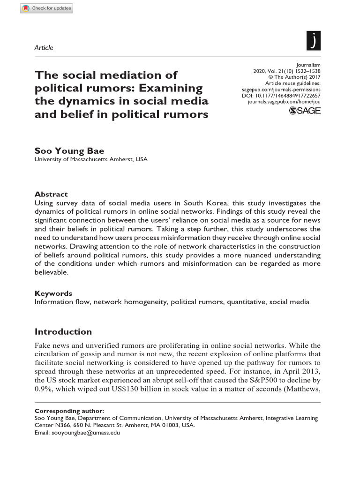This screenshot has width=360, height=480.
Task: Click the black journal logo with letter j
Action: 313,41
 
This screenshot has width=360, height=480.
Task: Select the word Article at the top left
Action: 44,48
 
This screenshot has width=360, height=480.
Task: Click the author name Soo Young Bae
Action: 69,150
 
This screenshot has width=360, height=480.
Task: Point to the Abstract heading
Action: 51,194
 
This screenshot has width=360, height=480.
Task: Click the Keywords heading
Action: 53,293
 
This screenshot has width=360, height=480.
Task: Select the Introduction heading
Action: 63,332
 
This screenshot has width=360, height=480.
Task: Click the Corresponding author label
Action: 69,411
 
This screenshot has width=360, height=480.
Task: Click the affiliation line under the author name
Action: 91,159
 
